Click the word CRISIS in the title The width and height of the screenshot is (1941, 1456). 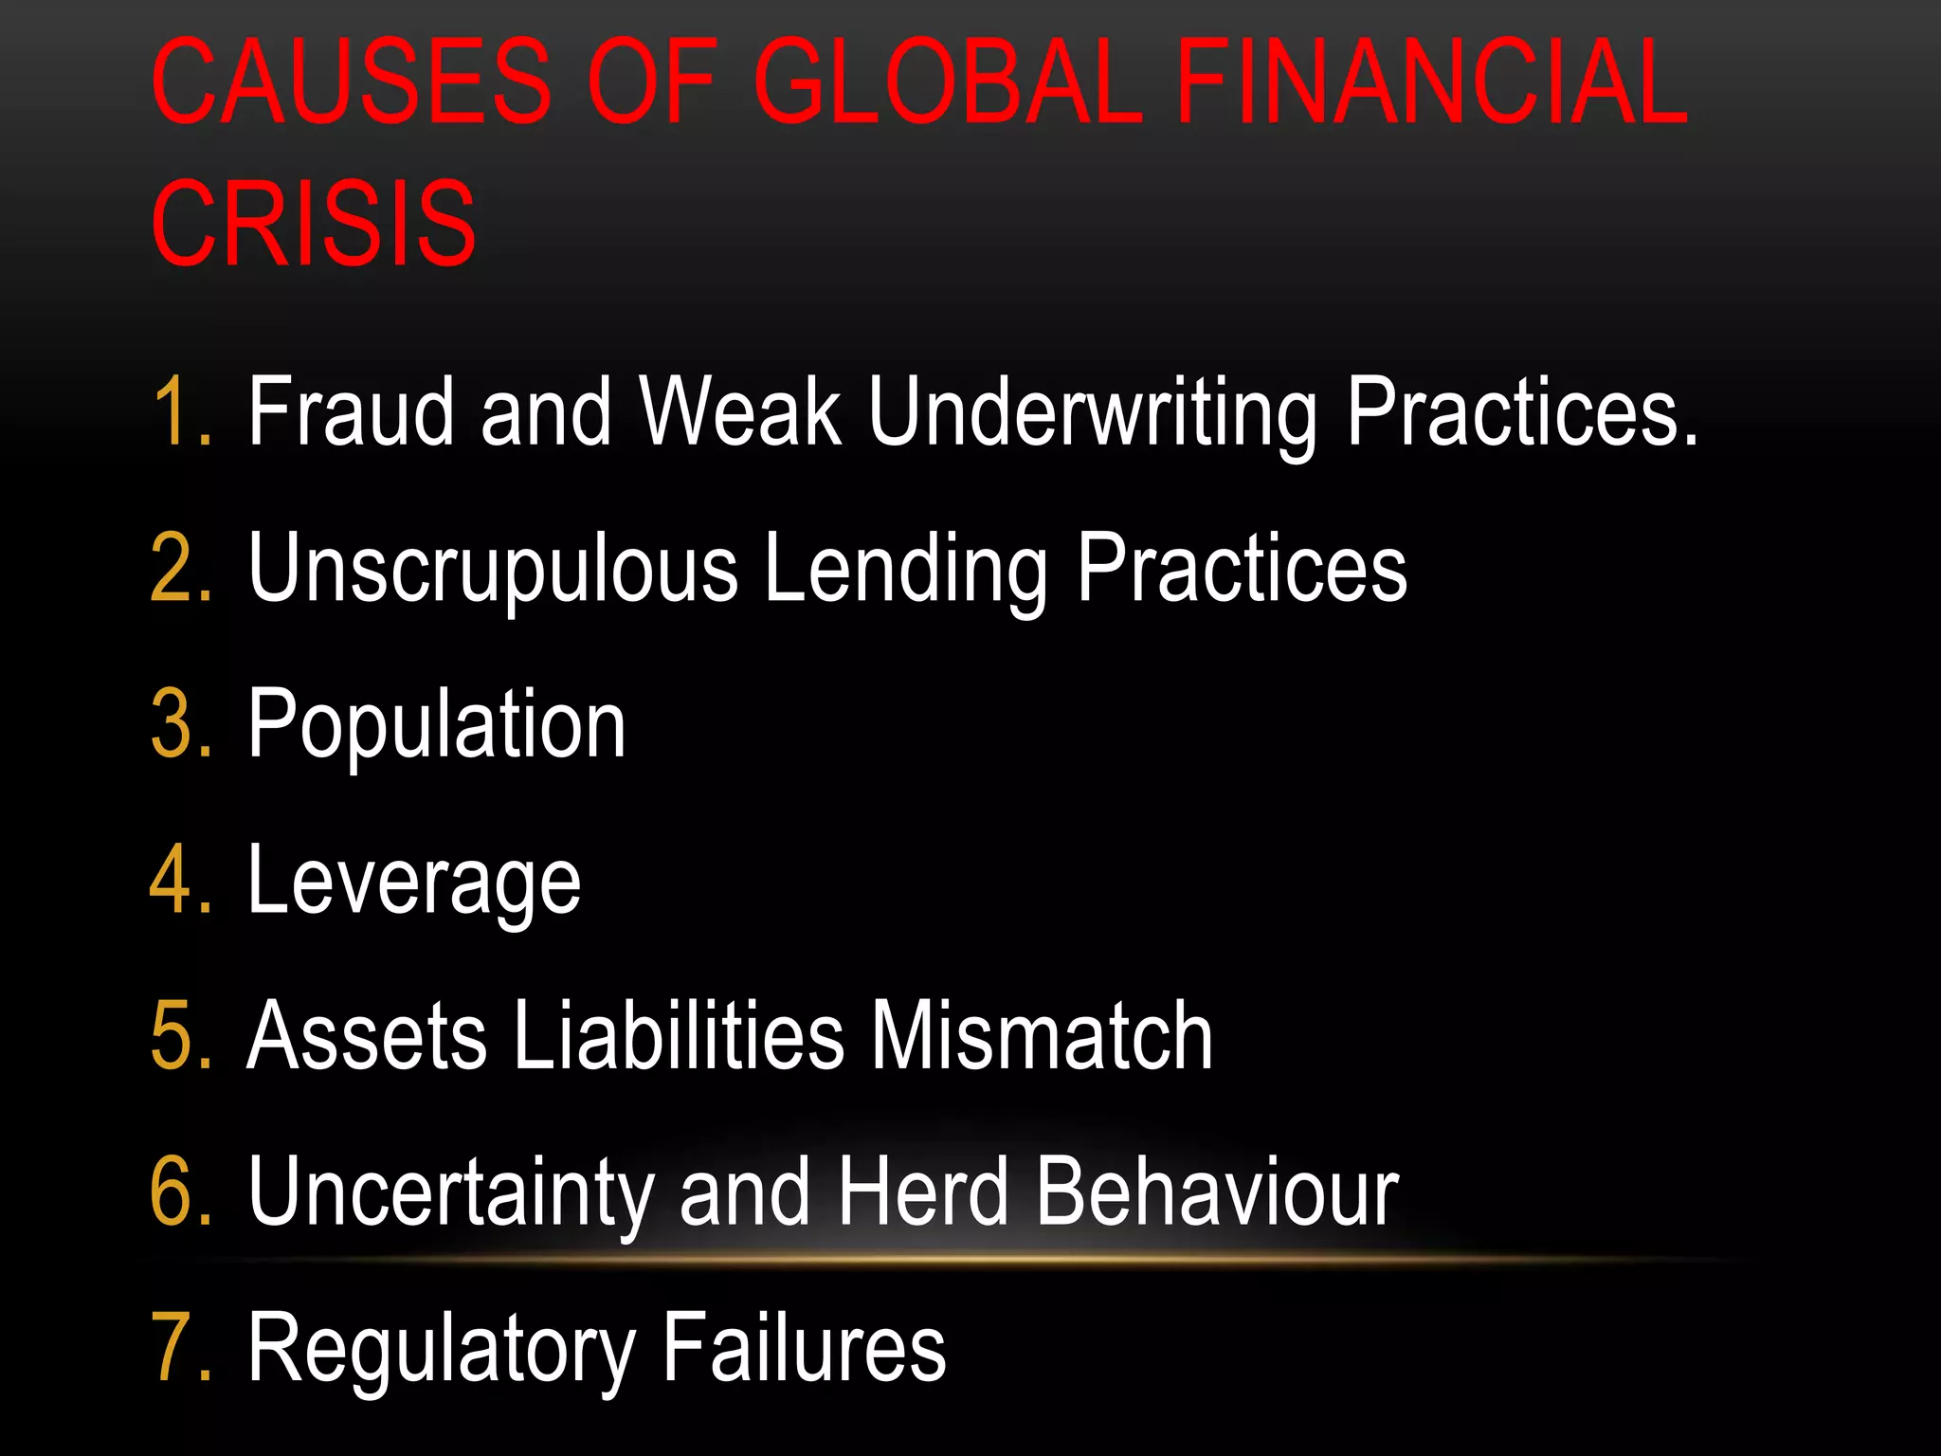pos(314,224)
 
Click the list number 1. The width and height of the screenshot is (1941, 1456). pos(180,411)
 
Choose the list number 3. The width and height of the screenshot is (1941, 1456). pos(180,724)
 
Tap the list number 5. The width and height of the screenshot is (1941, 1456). pos(180,1035)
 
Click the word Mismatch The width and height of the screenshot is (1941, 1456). pos(1042,1035)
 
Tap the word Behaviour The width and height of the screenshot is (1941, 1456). pos(1217,1192)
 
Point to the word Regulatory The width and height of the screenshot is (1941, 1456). pos(442,1350)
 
